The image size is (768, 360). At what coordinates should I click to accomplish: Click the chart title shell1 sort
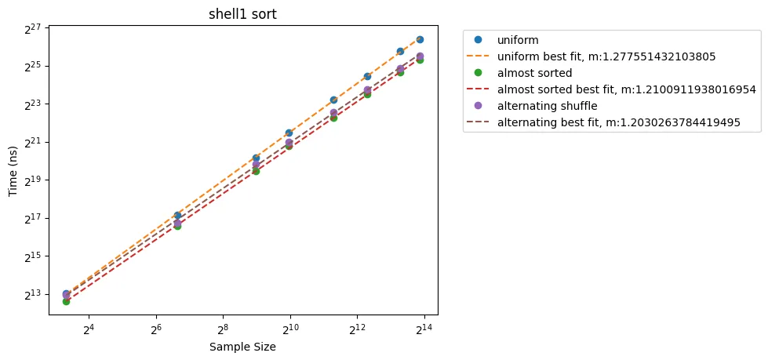point(243,13)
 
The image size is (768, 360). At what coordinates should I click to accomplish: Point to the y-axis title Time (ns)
point(13,169)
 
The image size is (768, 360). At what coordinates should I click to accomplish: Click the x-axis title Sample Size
point(242,347)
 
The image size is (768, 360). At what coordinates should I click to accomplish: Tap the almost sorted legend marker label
point(534,73)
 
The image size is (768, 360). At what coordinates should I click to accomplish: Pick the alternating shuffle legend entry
point(547,106)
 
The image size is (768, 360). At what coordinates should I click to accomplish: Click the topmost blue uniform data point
point(420,39)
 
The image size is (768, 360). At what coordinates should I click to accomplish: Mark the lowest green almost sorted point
point(67,301)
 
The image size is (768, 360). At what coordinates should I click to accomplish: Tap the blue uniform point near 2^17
point(177,216)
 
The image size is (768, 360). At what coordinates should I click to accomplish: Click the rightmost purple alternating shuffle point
point(420,56)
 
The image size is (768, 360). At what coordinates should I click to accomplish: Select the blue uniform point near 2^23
point(333,100)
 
